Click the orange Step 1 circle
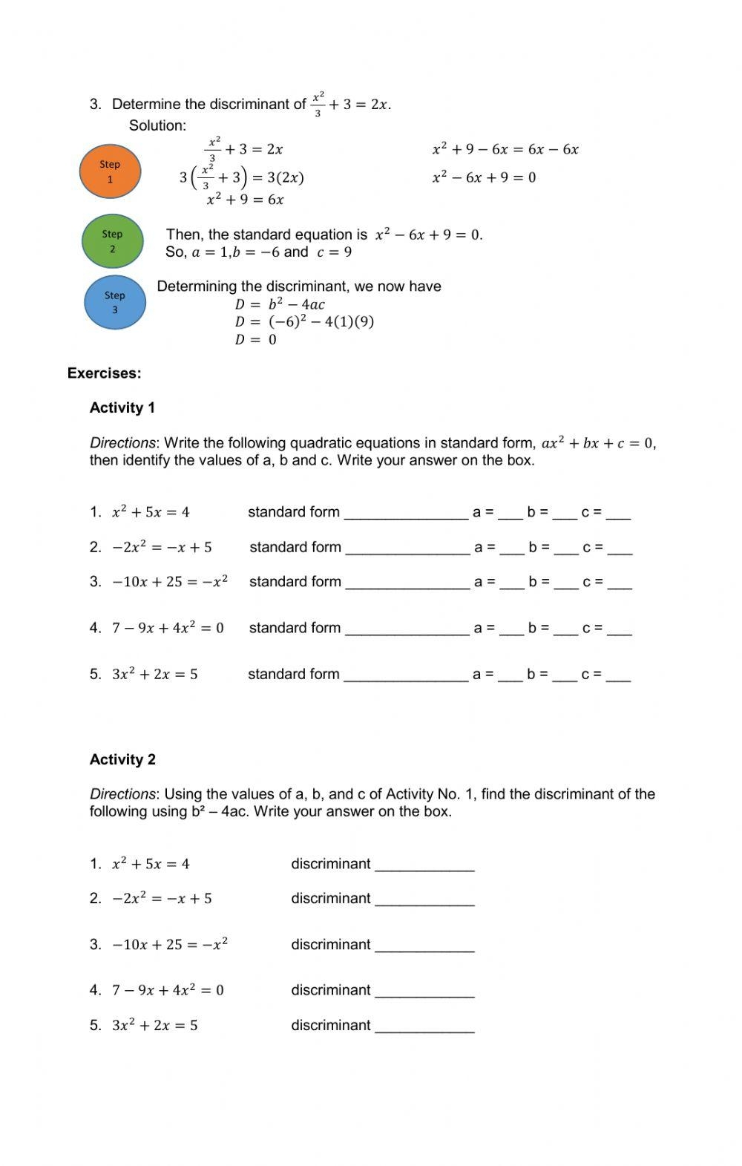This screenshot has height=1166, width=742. click(x=110, y=171)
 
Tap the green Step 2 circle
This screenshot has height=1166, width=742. click(x=112, y=241)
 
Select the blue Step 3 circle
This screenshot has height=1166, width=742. click(x=114, y=302)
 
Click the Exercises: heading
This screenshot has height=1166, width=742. click(x=104, y=373)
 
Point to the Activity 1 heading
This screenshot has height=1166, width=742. click(x=122, y=407)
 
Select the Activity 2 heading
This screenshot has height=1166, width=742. click(x=122, y=759)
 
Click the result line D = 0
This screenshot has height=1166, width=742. click(x=255, y=340)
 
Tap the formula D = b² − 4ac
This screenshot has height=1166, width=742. click(x=280, y=304)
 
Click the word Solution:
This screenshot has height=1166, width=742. click(x=157, y=125)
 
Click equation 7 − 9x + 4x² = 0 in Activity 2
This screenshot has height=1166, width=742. click(x=168, y=990)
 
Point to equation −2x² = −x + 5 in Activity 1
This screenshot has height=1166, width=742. click(x=162, y=548)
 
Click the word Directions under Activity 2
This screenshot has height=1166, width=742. click(x=122, y=794)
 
